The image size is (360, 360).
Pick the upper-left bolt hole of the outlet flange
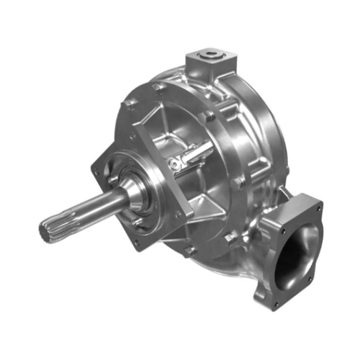coord(267,222)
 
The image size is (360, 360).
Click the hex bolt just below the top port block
coord(209,115)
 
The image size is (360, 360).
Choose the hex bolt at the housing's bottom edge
coord(189,250)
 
